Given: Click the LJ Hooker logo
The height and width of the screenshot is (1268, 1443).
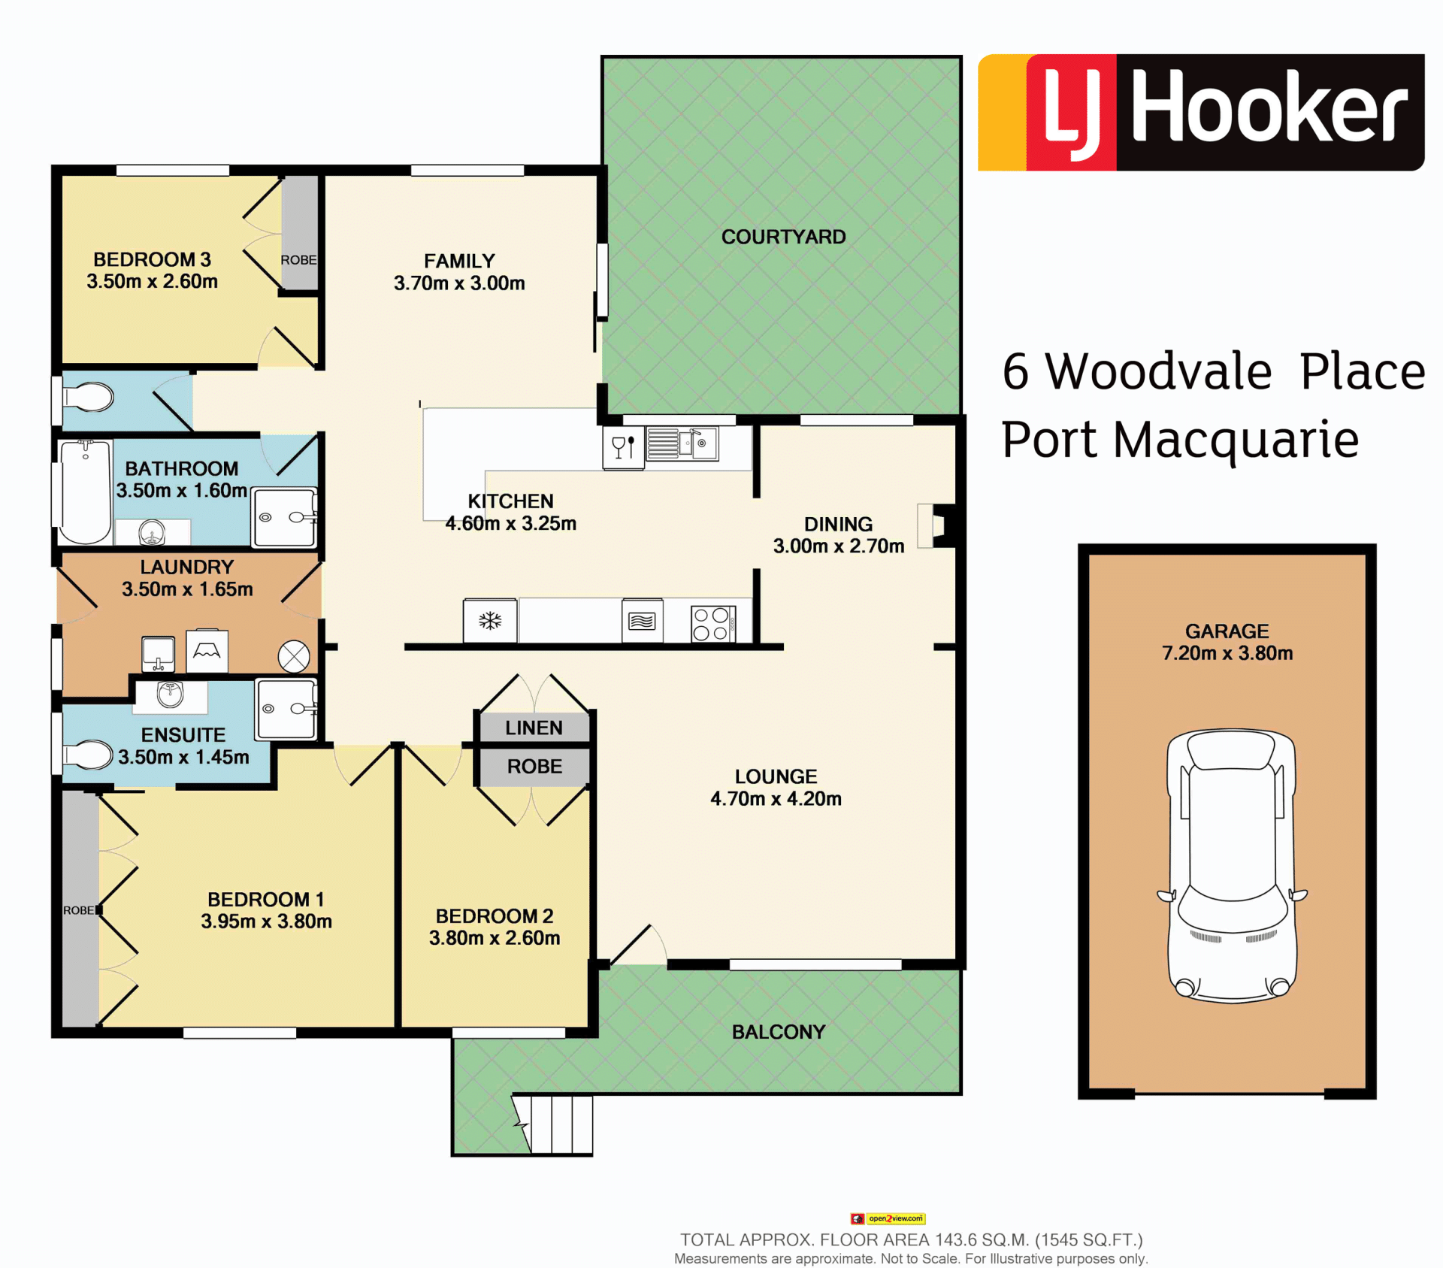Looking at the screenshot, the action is coord(1201,113).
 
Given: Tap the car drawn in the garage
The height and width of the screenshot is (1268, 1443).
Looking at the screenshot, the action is coord(1232,866).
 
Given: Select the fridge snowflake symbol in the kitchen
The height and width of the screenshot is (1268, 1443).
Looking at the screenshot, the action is coord(490,621).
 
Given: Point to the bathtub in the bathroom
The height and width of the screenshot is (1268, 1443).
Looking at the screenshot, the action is coord(86,492).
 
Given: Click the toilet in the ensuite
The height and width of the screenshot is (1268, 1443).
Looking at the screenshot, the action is coord(87,755).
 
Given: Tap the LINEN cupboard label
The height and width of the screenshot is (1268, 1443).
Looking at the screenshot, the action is coord(534,728).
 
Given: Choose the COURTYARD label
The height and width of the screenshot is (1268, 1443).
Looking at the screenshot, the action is coord(783,237).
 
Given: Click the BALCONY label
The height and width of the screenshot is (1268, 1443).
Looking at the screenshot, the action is coord(779,1032).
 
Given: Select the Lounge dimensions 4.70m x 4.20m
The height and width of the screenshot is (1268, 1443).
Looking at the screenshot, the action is coord(776,798).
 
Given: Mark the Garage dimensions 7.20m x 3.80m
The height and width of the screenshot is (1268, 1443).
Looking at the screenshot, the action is coord(1227,653).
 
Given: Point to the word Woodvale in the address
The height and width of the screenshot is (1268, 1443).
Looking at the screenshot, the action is coord(1159,371).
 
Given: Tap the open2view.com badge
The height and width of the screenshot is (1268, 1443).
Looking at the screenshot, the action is coord(888,1218).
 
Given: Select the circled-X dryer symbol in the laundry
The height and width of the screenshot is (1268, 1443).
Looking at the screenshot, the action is coord(294,656).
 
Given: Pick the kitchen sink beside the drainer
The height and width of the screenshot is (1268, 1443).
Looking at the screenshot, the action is coord(698,443).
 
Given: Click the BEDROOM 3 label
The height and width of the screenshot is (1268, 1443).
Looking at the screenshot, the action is coord(152,259).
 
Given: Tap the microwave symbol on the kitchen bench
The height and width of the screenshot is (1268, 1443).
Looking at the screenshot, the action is coord(642,621).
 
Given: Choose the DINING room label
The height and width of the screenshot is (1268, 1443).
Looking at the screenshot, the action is coord(839,524).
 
